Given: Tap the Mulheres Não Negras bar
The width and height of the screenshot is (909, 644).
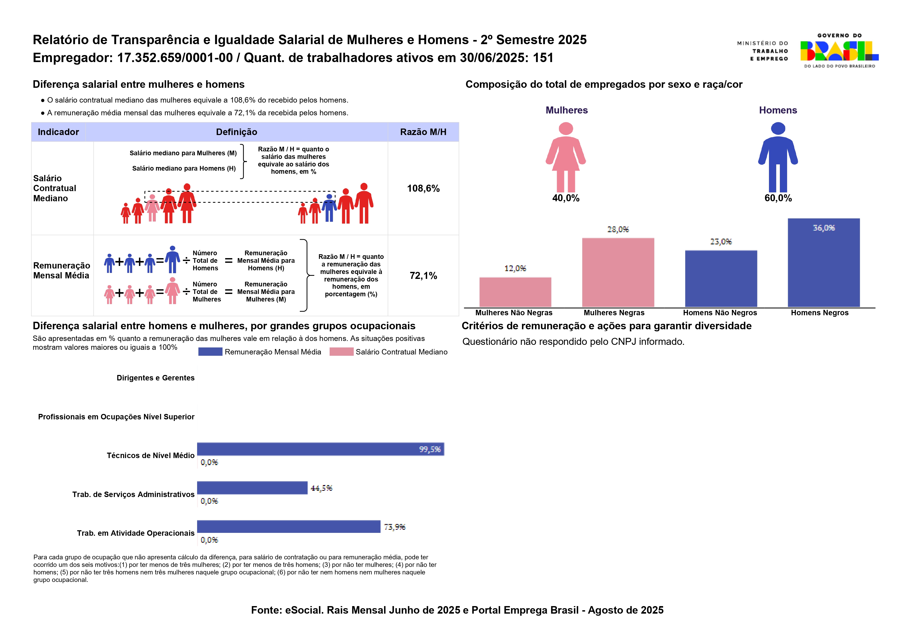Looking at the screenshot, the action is click(515, 292).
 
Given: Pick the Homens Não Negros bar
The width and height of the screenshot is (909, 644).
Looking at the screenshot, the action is click(721, 279).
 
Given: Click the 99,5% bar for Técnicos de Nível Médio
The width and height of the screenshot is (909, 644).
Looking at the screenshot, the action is click(321, 449).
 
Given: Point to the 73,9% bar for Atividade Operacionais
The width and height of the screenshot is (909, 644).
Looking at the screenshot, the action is click(289, 527).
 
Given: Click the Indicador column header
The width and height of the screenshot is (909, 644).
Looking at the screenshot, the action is click(58, 132).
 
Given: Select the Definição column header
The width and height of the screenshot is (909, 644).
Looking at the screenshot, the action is click(237, 132).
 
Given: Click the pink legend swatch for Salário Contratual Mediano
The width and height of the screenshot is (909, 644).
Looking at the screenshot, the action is click(341, 352).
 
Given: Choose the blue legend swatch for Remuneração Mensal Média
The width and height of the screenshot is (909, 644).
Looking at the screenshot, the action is click(210, 352).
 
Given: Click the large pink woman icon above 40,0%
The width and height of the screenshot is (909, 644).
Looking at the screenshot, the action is click(566, 157).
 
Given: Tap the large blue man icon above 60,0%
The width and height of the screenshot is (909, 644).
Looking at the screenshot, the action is click(778, 157).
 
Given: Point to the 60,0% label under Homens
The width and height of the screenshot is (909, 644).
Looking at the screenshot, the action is click(778, 198).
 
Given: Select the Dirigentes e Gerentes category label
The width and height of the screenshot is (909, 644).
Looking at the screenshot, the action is click(156, 378).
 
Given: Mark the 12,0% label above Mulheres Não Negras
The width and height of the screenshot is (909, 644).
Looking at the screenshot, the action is click(515, 269).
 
